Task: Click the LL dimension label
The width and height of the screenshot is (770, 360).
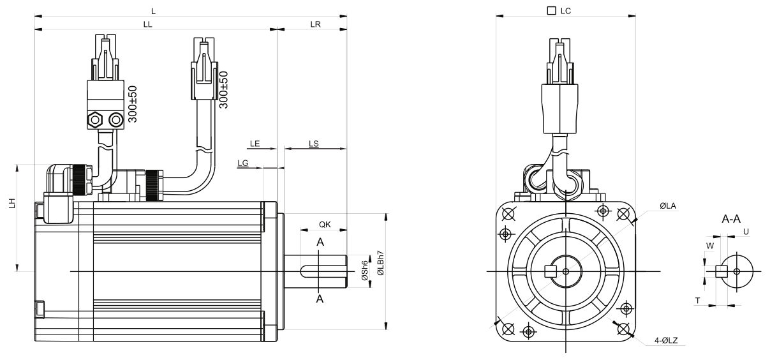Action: [147, 24]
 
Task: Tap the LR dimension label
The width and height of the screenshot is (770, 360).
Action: [315, 24]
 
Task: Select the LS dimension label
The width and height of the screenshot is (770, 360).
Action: [313, 144]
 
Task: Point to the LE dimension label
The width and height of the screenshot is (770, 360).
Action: [255, 144]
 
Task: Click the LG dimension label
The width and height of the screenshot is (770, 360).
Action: [242, 163]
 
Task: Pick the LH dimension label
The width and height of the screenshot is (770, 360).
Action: [12, 203]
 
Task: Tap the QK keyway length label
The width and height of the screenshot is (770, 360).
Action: [325, 225]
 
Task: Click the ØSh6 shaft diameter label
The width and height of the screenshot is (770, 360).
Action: [365, 270]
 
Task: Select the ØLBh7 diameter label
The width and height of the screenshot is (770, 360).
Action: [380, 263]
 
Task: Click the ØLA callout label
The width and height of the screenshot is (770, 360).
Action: [668, 206]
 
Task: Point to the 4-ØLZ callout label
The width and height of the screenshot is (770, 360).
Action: [666, 341]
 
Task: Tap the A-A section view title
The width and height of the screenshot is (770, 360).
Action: [731, 219]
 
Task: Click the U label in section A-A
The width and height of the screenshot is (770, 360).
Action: [746, 232]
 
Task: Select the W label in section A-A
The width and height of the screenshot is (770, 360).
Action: [710, 246]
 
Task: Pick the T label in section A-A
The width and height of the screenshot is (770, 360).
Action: [697, 301]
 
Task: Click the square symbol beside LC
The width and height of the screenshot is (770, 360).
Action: [551, 11]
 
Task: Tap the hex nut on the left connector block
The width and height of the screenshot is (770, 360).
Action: [95, 120]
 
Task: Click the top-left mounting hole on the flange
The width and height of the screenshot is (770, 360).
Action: [508, 214]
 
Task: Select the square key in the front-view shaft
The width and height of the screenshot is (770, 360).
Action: [551, 271]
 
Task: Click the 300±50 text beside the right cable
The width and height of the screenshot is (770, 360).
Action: [223, 90]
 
